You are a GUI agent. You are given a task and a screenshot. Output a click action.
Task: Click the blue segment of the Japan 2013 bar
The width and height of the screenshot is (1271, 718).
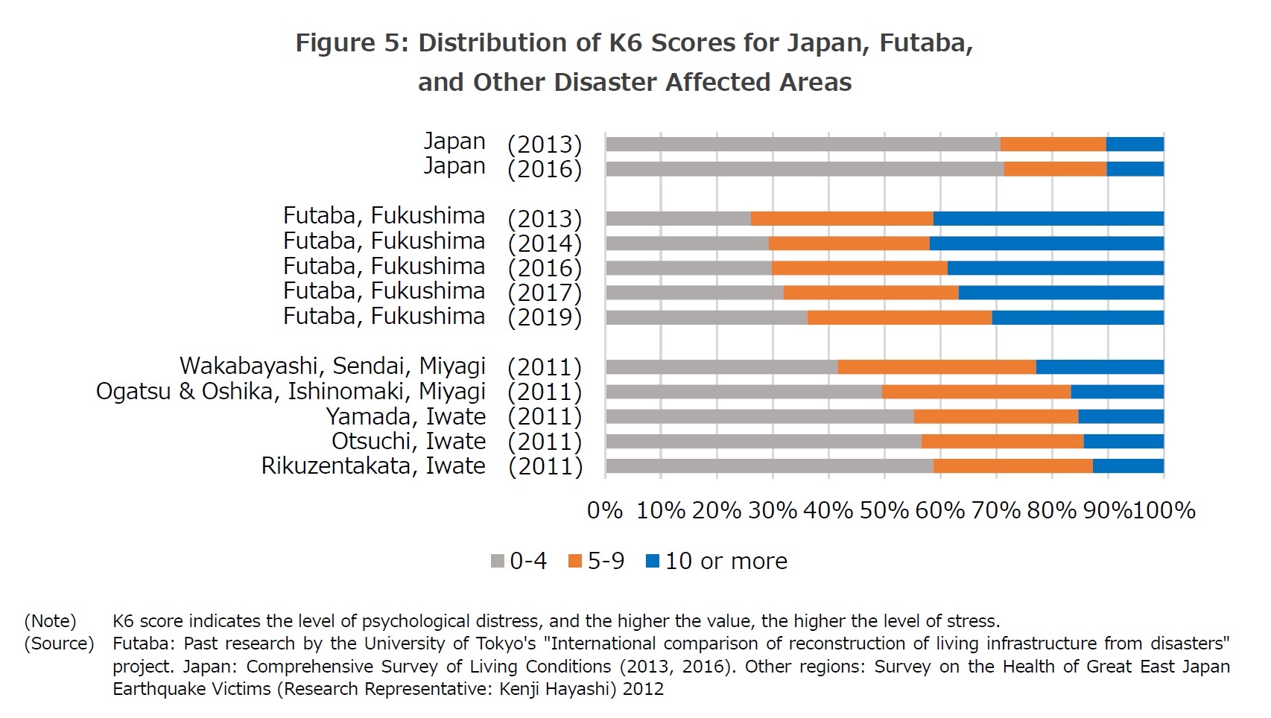point(1135,144)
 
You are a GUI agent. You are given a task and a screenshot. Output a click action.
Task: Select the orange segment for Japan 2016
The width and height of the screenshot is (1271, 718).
point(1055,169)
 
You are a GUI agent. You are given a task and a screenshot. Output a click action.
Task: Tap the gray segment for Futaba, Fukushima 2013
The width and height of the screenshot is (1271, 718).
point(678,218)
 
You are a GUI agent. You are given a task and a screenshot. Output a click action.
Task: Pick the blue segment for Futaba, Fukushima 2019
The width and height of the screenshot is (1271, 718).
point(1077,317)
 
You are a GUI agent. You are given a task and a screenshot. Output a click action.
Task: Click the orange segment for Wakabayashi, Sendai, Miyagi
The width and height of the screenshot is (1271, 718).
point(936,367)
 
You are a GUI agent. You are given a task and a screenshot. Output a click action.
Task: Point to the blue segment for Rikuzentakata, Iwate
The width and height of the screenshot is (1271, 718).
point(1128,466)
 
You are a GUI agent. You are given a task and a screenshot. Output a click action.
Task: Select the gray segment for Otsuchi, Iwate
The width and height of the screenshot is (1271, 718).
point(764,442)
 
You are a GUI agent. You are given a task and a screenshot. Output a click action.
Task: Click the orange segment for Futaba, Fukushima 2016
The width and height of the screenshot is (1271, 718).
point(860,268)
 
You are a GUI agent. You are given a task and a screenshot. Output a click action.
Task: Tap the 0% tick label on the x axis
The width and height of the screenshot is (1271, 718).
point(605,510)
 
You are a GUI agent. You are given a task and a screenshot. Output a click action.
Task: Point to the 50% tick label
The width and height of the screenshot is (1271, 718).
point(884,510)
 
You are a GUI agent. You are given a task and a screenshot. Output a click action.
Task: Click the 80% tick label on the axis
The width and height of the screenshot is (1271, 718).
point(1052,510)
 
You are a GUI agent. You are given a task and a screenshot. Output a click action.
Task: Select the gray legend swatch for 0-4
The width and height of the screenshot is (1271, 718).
point(498,562)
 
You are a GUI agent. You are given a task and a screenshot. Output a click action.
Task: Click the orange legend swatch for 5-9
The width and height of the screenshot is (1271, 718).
point(575,562)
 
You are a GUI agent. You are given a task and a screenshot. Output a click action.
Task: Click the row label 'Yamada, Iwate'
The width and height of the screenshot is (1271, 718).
point(406,416)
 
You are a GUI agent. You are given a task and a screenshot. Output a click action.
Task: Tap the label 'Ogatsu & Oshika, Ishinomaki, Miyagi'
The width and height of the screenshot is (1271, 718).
point(291,392)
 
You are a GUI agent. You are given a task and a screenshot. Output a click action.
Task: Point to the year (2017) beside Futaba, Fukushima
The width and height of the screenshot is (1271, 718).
point(545,293)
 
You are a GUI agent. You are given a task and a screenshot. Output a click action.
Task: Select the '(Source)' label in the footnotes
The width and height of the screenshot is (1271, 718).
point(59,644)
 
